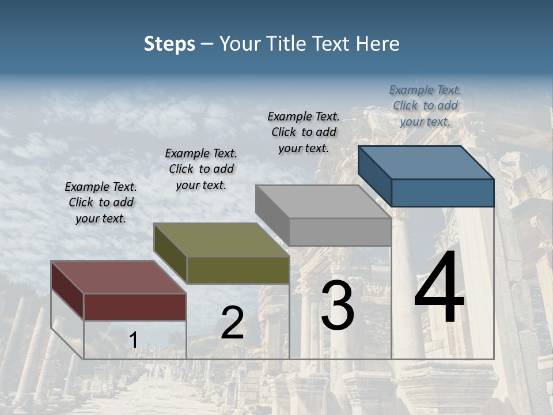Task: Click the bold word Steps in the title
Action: click(169, 44)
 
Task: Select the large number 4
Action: click(439, 288)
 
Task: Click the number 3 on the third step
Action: click(338, 306)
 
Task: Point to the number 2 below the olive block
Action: click(232, 323)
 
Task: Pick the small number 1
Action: click(133, 341)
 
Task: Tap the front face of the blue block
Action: click(442, 193)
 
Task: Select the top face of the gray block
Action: click(323, 202)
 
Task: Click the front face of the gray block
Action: click(340, 232)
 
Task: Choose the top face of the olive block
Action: click(221, 240)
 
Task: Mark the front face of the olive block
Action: click(238, 270)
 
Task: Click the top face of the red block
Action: click(118, 277)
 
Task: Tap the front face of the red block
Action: click(135, 307)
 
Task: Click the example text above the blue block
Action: click(425, 105)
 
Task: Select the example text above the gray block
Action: click(304, 132)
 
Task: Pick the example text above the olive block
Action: click(201, 169)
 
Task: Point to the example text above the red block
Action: click(101, 202)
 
